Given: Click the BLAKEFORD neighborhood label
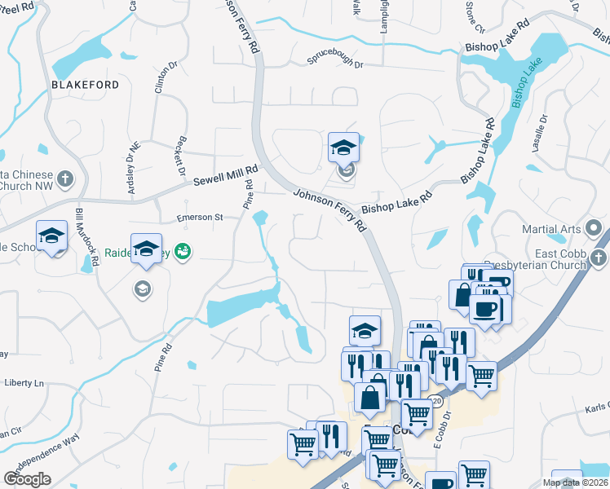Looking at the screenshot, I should pyautogui.click(x=85, y=85).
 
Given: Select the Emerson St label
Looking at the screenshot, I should pyautogui.click(x=201, y=218).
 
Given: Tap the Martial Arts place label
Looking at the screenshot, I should pyautogui.click(x=559, y=229).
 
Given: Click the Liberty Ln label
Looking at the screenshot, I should pyautogui.click(x=24, y=382).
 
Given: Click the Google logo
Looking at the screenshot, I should pyautogui.click(x=27, y=479).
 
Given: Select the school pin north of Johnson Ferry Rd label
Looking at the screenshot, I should pyautogui.click(x=344, y=148).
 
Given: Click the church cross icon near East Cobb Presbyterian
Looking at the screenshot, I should pyautogui.click(x=598, y=258).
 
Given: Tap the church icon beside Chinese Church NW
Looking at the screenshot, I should pyautogui.click(x=66, y=178).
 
